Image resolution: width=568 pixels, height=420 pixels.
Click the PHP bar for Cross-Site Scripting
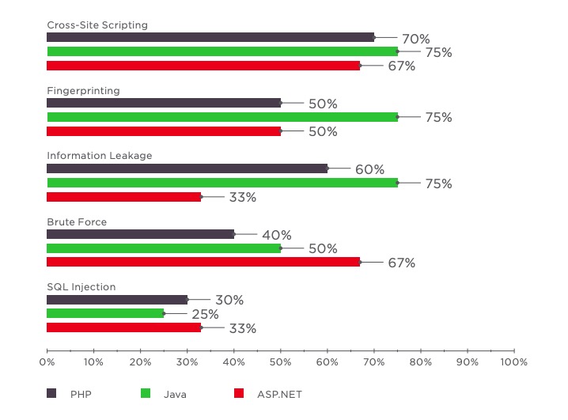210,37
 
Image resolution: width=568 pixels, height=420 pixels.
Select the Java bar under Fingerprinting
222,117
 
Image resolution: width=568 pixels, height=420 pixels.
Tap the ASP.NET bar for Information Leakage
123,197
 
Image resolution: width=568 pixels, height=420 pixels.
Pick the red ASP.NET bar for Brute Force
203,262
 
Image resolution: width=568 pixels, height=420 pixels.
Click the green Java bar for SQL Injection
105,314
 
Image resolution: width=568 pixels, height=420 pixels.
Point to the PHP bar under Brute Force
141,234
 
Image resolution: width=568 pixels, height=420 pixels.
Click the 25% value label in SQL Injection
205,314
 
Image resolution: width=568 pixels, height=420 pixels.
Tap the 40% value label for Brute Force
277,235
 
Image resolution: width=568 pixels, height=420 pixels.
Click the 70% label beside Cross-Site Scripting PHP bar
415,39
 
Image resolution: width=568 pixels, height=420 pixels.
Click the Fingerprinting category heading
83,90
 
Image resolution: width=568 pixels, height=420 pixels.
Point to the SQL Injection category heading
81,287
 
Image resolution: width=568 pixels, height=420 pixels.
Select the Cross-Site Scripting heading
97,25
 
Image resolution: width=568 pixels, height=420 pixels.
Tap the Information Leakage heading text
99,156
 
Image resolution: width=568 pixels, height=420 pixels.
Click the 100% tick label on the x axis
514,362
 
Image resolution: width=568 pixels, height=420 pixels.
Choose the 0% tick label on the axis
47,362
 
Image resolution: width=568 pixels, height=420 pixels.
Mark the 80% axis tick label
421,362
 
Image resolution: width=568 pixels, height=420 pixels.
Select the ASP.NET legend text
278,393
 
